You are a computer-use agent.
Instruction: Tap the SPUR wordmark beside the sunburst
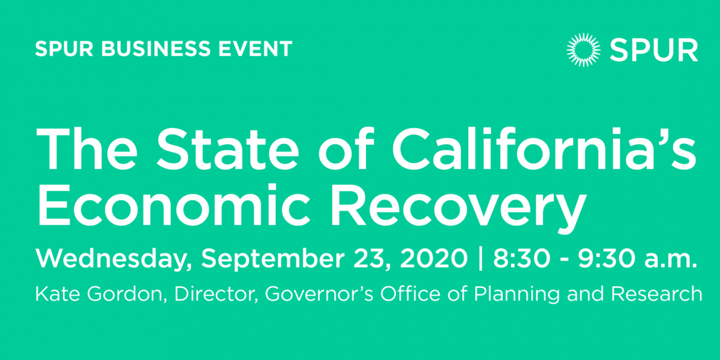click(654, 50)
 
